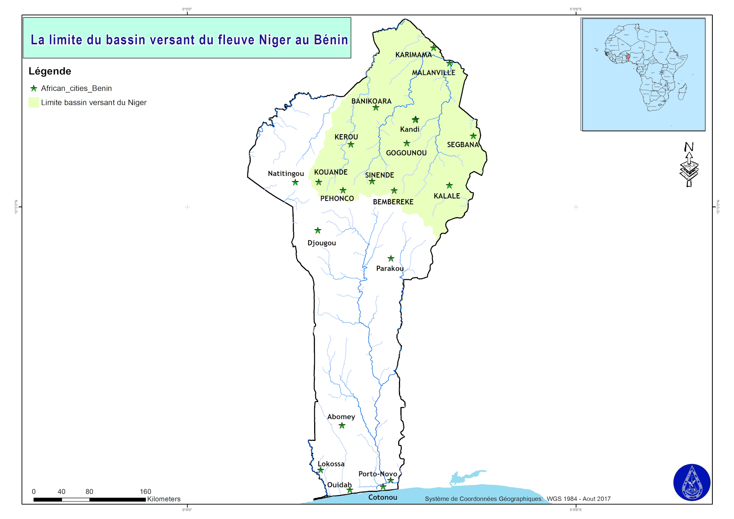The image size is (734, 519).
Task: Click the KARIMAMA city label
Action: tap(413, 55)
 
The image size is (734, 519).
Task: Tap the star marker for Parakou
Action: tap(391, 259)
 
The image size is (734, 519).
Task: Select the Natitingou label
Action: tap(286, 173)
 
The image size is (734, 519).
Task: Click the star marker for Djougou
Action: tap(318, 230)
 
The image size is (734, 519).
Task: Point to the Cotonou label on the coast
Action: tap(382, 497)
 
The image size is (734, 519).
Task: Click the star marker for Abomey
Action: tap(342, 425)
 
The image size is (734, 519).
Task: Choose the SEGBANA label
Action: tap(463, 145)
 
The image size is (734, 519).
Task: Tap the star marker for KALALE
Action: tap(449, 186)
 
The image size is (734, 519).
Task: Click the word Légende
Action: tap(50, 71)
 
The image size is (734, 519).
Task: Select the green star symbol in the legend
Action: tap(34, 88)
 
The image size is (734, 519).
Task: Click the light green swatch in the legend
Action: tap(34, 102)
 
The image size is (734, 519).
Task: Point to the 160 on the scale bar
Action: tap(145, 491)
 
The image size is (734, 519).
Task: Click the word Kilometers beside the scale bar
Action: tap(164, 499)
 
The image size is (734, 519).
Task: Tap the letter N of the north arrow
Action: tap(689, 147)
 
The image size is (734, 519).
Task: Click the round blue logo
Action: tap(691, 482)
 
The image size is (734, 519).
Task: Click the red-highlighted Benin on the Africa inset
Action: tap(628, 58)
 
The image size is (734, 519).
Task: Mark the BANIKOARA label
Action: tap(371, 101)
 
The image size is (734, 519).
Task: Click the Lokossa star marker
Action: tap(320, 470)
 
